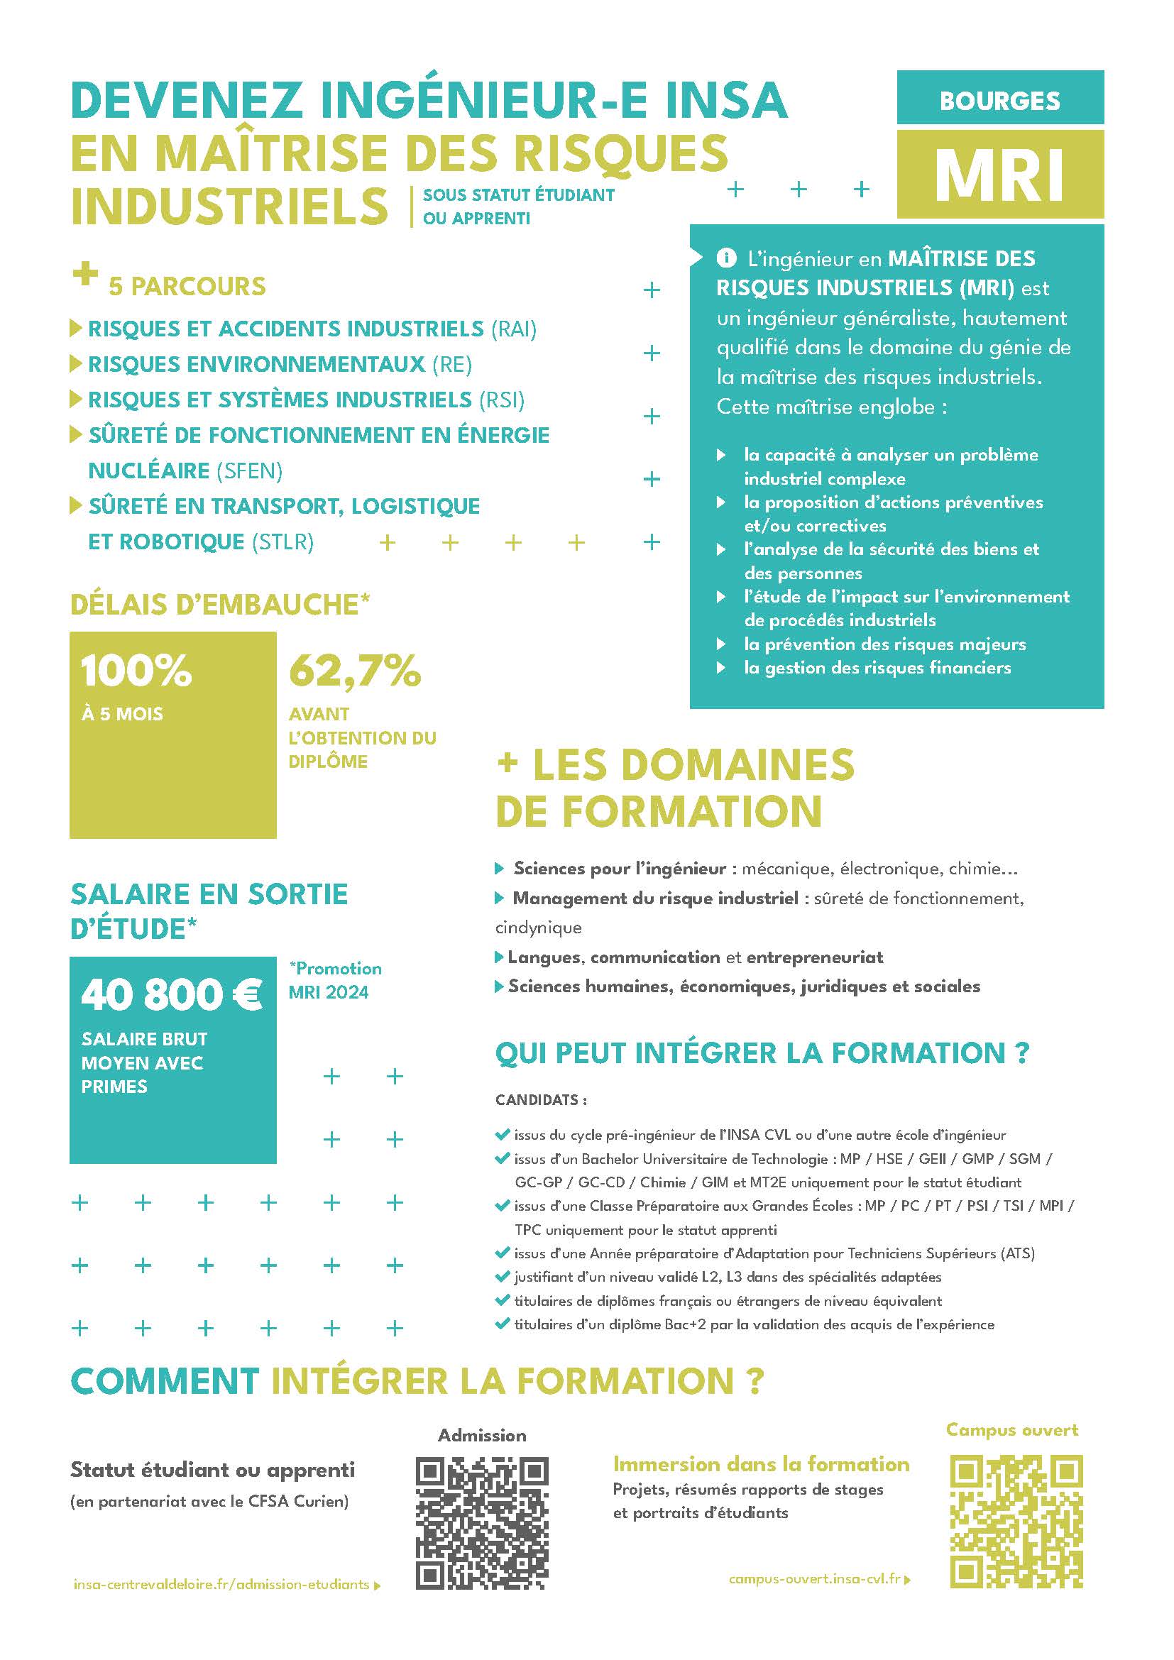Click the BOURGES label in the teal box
pyautogui.click(x=999, y=101)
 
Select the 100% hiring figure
pyautogui.click(x=136, y=670)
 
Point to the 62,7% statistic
pyautogui.click(x=354, y=670)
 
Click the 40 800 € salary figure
pyautogui.click(x=171, y=995)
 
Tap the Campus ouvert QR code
pyautogui.click(x=1016, y=1521)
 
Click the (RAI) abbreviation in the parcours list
pyautogui.click(x=513, y=329)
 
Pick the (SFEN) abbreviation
pyautogui.click(x=249, y=471)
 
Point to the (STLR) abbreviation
pyautogui.click(x=282, y=542)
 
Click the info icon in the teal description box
pyautogui.click(x=725, y=258)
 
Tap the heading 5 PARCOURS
pyautogui.click(x=187, y=286)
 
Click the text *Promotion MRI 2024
pyautogui.click(x=334, y=979)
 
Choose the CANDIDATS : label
pyautogui.click(x=541, y=1099)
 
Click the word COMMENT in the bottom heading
pyautogui.click(x=164, y=1382)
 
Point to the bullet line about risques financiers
pyautogui.click(x=877, y=667)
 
